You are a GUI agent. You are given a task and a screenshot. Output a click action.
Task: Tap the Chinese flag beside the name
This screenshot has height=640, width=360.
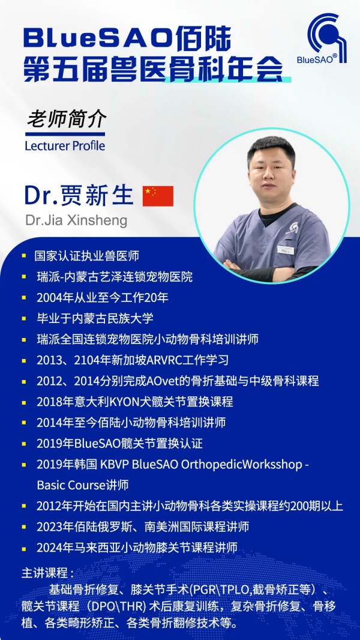(x=158, y=196)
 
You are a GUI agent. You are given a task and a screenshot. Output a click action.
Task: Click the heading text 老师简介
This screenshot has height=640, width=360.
(x=67, y=119)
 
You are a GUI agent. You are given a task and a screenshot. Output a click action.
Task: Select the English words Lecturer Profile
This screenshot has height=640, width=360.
(x=65, y=146)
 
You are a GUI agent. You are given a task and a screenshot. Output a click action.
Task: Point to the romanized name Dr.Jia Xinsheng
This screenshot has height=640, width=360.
(x=76, y=220)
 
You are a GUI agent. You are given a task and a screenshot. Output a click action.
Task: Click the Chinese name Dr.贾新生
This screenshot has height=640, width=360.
(x=79, y=196)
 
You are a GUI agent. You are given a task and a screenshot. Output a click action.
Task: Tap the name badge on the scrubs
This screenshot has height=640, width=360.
(x=286, y=250)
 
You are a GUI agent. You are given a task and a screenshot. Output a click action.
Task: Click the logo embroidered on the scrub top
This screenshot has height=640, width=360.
(x=292, y=228)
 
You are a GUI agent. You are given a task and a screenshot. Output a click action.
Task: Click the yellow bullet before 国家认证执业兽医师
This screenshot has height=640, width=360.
(x=24, y=256)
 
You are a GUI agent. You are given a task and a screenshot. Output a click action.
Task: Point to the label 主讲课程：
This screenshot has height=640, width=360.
(x=48, y=573)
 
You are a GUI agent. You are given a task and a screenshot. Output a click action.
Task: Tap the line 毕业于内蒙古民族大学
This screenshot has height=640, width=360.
(x=95, y=318)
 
